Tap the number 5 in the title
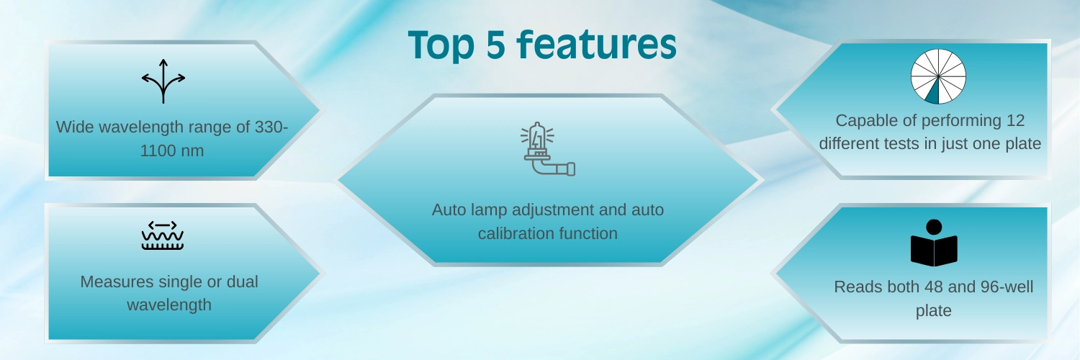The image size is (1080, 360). [x=495, y=45]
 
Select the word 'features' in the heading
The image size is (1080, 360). [x=597, y=44]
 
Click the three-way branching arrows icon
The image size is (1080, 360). [x=163, y=81]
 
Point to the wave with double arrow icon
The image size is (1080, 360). [x=163, y=235]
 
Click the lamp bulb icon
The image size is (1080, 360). [x=548, y=149]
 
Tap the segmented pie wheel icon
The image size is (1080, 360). [x=938, y=76]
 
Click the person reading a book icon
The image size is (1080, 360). [x=934, y=243]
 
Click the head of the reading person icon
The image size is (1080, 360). [x=934, y=227]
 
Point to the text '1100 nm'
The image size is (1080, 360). [x=171, y=151]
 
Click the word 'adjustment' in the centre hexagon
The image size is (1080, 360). [x=552, y=210]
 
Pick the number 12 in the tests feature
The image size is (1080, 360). [x=1015, y=120]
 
